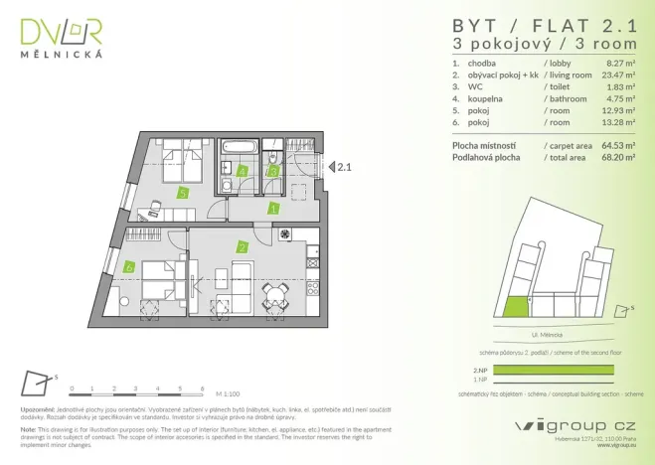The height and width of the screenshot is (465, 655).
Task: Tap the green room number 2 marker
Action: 242,246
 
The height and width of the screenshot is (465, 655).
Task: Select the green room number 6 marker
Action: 130,266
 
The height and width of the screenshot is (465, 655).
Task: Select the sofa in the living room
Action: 241,277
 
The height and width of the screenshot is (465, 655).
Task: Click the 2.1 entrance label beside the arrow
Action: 345,168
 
